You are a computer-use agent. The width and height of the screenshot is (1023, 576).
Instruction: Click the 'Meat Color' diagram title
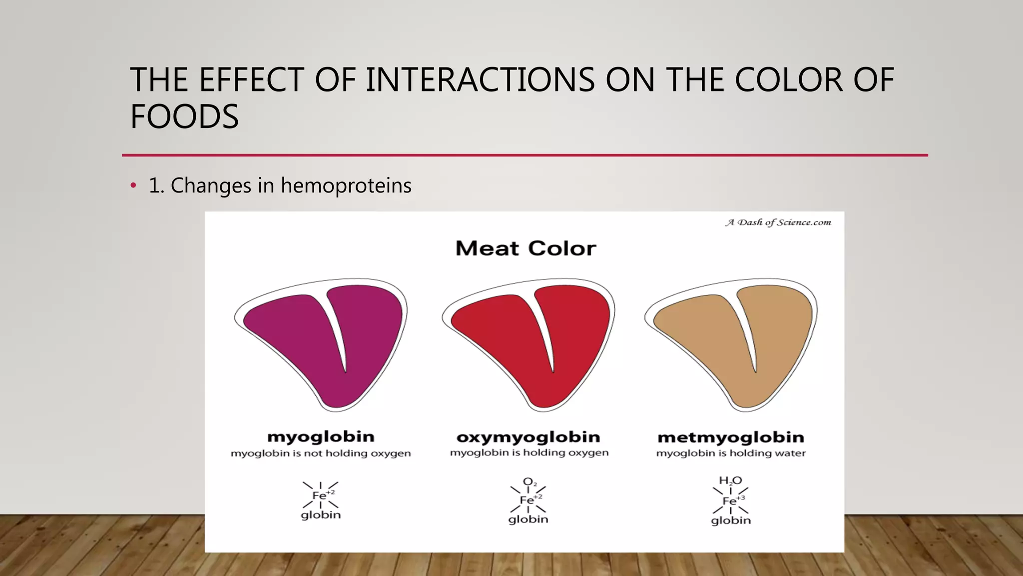(525, 248)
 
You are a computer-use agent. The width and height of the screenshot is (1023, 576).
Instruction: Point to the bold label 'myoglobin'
(321, 436)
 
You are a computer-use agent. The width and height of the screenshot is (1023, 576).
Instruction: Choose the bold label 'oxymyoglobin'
(528, 437)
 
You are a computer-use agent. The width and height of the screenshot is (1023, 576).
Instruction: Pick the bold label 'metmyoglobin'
(731, 437)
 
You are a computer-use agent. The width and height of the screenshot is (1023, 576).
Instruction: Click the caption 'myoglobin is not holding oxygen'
(321, 453)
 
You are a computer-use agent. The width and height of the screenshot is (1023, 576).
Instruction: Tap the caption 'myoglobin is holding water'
(731, 453)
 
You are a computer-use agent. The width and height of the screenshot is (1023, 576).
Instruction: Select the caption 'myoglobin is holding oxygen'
(529, 452)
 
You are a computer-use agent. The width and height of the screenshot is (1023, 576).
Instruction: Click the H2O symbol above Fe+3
(730, 481)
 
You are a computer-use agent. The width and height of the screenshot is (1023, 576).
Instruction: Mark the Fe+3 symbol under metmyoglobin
(732, 500)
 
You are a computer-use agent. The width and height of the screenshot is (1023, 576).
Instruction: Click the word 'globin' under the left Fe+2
(321, 515)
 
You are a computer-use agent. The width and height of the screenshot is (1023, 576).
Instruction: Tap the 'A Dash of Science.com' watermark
(778, 222)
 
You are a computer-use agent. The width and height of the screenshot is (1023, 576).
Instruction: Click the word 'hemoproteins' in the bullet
(346, 185)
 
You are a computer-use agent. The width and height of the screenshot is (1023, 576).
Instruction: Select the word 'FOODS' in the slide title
(184, 116)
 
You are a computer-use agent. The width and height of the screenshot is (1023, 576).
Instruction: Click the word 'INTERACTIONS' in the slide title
(480, 80)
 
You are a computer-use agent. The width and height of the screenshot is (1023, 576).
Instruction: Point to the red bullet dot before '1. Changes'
(133, 186)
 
